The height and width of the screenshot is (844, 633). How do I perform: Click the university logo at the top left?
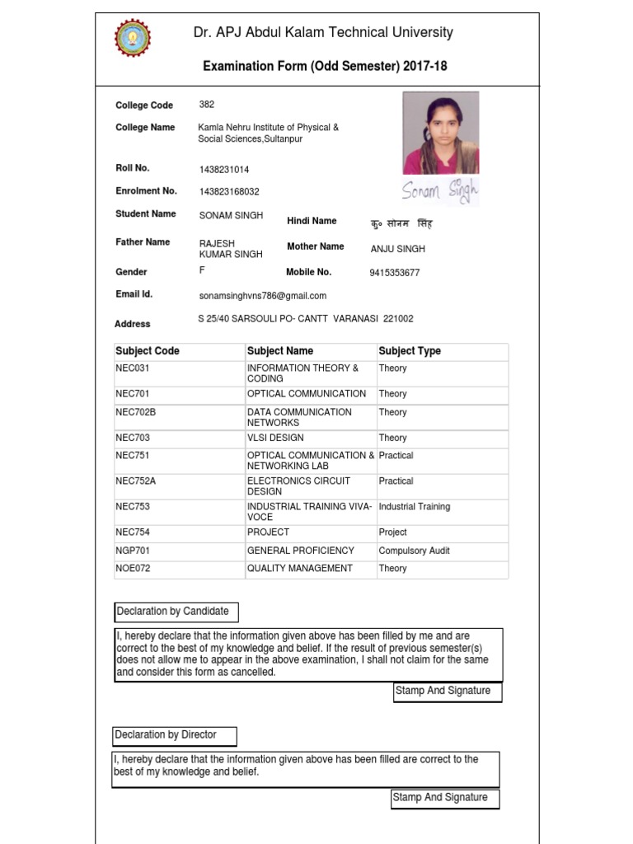coord(133,38)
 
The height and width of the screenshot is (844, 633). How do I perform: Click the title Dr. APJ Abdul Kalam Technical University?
coord(322,33)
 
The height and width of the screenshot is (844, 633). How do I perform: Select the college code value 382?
coord(207,105)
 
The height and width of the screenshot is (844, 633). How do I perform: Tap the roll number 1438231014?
coord(223,169)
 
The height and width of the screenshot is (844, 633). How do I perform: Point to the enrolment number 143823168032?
coord(228,192)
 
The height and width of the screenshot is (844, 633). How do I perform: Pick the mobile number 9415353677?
coord(394,273)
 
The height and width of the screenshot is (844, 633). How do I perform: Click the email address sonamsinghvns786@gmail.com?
coord(262,296)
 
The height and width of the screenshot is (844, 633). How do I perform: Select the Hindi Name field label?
coord(312,221)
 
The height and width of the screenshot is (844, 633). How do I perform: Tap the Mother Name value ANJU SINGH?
coord(398,249)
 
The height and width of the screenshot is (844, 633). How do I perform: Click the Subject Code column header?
coord(148,351)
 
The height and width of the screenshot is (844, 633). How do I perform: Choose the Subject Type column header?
coord(410,351)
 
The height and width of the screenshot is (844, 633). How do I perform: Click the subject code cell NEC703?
coord(133,438)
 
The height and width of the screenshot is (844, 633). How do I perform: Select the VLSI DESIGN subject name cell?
coord(275,438)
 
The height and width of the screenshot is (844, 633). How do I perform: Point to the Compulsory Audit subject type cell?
coord(414,551)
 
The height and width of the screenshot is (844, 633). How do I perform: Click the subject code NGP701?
coord(133,551)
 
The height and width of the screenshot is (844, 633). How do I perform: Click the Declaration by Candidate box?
coord(176,612)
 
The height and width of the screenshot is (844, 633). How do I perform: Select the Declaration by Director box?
coord(174,735)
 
